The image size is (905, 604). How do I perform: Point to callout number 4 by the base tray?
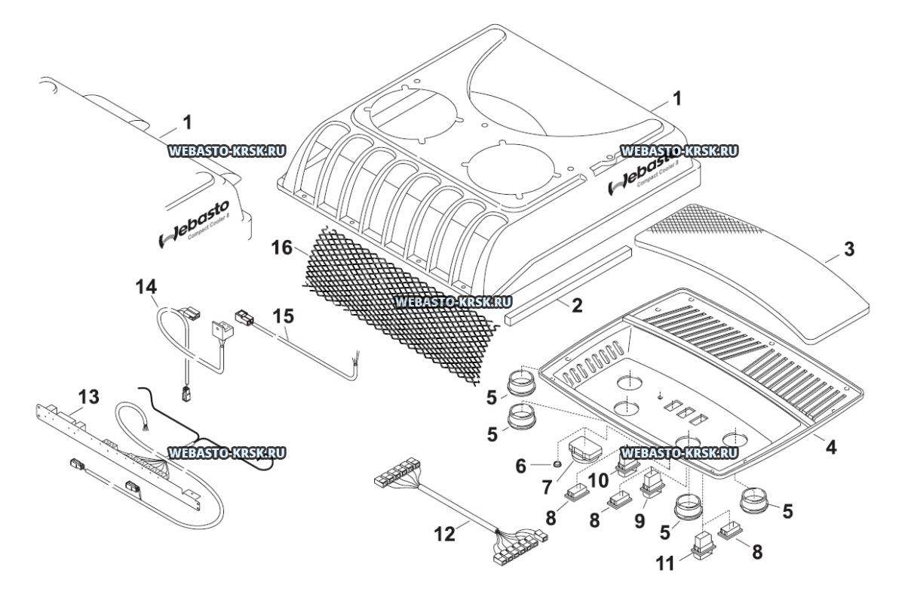[x=829, y=446]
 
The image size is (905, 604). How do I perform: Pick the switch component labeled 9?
[x=652, y=483]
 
